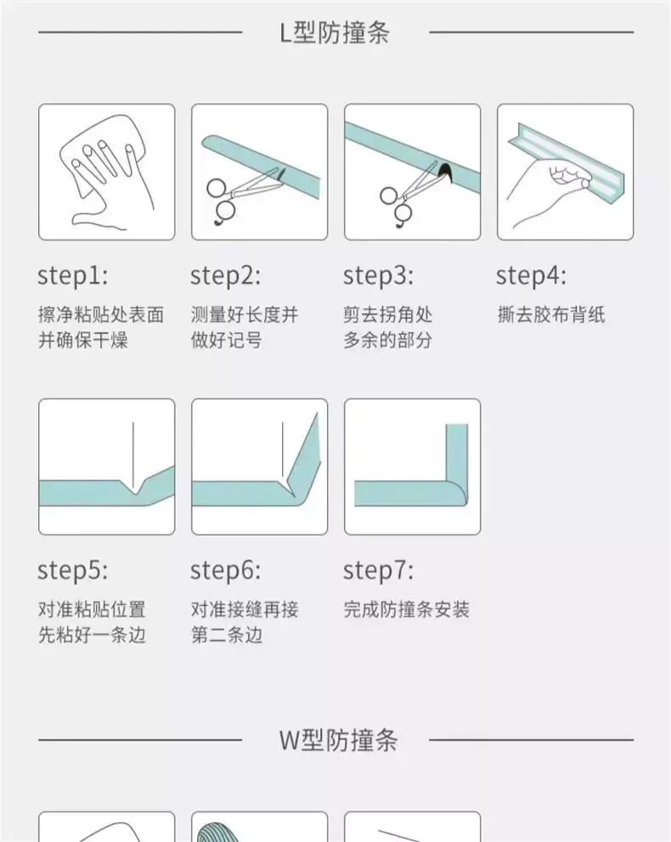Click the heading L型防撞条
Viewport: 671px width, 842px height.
tap(335, 32)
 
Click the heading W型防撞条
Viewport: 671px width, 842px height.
tap(338, 740)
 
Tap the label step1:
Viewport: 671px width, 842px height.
tap(72, 276)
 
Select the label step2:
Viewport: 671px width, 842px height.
tap(225, 276)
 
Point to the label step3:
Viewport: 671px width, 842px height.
tap(379, 276)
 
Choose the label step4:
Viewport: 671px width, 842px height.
tap(531, 276)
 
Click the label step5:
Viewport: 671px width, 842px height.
tap(72, 571)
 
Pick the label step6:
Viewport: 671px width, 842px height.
tap(225, 571)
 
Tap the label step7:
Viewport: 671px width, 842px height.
tap(379, 571)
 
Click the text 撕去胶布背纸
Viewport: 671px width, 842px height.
tap(551, 314)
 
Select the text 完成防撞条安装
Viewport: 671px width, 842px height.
tap(407, 609)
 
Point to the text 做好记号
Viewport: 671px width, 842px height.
tap(227, 340)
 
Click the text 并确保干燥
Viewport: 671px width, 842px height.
tap(83, 340)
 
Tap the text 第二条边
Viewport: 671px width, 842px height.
tap(227, 636)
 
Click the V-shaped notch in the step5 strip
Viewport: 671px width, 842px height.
tap(135, 485)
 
